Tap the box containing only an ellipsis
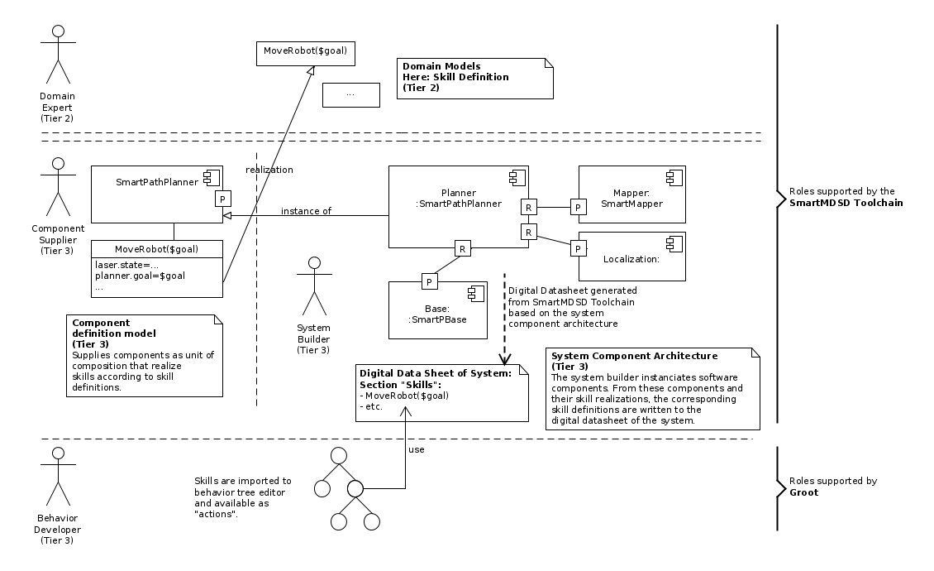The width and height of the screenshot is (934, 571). click(x=350, y=94)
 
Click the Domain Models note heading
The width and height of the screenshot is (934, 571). click(x=441, y=65)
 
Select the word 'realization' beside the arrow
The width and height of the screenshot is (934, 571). click(x=269, y=170)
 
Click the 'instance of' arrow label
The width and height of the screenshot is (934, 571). click(x=306, y=211)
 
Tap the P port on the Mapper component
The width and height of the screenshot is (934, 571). click(x=579, y=207)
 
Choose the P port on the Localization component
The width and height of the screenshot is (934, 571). click(x=579, y=248)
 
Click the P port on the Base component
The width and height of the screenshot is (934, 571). click(x=430, y=282)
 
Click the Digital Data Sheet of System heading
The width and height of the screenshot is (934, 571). click(x=436, y=373)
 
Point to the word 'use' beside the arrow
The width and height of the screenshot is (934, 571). click(x=417, y=450)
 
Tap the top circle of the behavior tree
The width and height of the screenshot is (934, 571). click(x=337, y=456)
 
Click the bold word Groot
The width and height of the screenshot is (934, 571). click(x=804, y=492)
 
